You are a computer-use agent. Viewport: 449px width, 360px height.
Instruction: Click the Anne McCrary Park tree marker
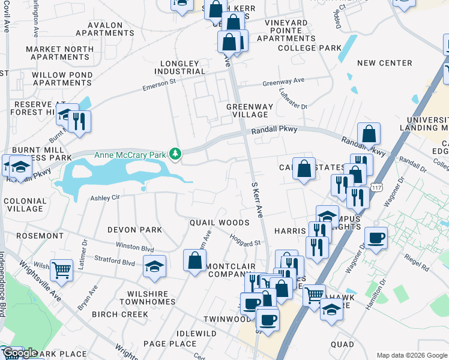175,155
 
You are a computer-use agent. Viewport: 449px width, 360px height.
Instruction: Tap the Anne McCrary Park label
130,155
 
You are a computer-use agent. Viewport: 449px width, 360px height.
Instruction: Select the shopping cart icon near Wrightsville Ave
61,271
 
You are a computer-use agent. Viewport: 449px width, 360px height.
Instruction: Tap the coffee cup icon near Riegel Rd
376,238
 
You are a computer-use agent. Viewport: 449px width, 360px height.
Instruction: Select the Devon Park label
134,230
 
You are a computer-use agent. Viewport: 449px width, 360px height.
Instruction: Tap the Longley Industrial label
182,67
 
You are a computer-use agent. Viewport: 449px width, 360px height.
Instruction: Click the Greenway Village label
250,110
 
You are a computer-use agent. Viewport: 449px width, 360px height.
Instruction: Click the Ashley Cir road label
105,197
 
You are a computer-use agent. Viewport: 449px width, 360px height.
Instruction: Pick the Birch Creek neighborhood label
120,314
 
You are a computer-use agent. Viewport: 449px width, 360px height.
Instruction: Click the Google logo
20,353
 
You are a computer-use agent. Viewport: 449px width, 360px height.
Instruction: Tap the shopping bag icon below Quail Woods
194,261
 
